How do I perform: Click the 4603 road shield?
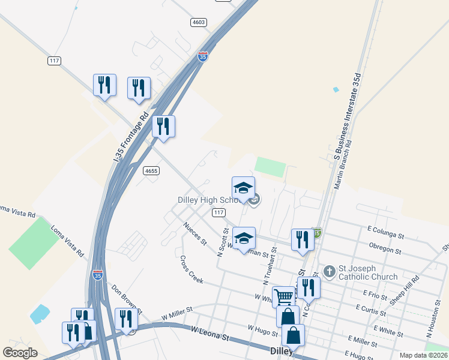(x=199, y=22)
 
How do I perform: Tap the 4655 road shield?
(x=151, y=171)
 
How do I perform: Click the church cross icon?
(x=329, y=272)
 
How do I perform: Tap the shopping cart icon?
(x=283, y=295)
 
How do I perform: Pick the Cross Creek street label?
(x=191, y=270)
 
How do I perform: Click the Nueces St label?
(x=195, y=233)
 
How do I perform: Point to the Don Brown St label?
(x=126, y=298)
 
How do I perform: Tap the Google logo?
(x=20, y=353)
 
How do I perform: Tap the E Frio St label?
(x=375, y=295)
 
